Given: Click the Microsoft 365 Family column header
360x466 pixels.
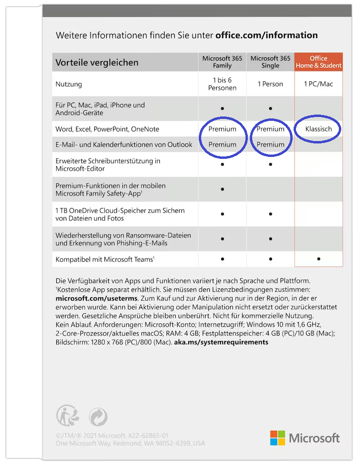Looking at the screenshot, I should coord(222,62).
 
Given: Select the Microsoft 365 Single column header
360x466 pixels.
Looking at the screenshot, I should coord(270,62).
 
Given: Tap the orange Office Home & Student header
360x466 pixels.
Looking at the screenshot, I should coord(319,62).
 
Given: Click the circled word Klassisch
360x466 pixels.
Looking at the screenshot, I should coord(319,129).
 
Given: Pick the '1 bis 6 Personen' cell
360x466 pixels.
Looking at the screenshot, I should coord(222,84).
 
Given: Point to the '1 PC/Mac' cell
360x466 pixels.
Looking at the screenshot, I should coord(319,84).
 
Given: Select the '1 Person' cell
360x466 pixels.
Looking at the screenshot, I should coord(270,84).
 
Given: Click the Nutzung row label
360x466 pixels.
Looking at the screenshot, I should coord(69,84).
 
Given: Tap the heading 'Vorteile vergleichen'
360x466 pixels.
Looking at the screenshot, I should coord(97,63).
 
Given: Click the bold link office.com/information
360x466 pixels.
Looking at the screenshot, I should coord(267,35).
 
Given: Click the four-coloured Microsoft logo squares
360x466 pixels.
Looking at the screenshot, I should coord(277,438).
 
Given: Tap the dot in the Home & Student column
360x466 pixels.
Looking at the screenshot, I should coord(319,259).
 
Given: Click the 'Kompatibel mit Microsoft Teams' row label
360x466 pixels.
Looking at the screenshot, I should coord(105,259).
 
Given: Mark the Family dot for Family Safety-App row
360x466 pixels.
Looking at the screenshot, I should coord(222,189).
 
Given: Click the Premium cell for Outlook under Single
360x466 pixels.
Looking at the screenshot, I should coord(270,144).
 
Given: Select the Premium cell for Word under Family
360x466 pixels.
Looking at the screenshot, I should coord(222,129).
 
